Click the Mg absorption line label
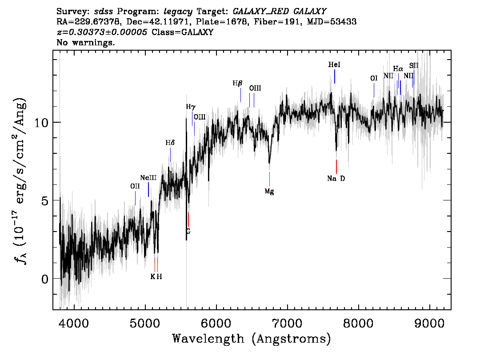click(x=269, y=192)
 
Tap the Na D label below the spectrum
click(x=336, y=179)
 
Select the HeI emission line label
click(x=334, y=65)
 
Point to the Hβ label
click(x=238, y=83)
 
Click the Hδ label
click(x=170, y=143)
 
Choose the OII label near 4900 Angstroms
click(x=135, y=186)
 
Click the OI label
click(x=374, y=78)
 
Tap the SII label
click(x=414, y=66)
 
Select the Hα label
click(x=398, y=69)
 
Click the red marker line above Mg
click(x=269, y=179)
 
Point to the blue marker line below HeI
click(x=335, y=76)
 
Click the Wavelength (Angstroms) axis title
click(x=251, y=339)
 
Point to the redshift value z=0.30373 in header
click(x=102, y=32)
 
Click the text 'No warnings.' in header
click(x=86, y=43)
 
